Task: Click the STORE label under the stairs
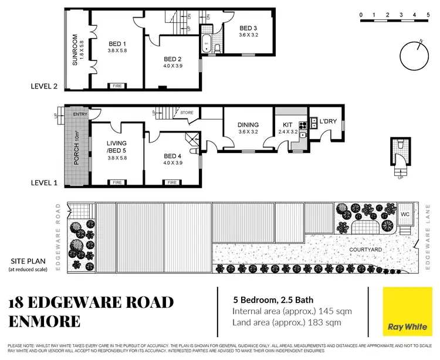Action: pos(187,113)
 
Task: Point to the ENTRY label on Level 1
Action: pos(80,115)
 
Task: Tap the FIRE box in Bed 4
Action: pos(172,182)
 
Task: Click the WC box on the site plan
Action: pos(404,215)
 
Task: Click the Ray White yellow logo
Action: pos(404,315)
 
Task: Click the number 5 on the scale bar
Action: pos(431,14)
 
